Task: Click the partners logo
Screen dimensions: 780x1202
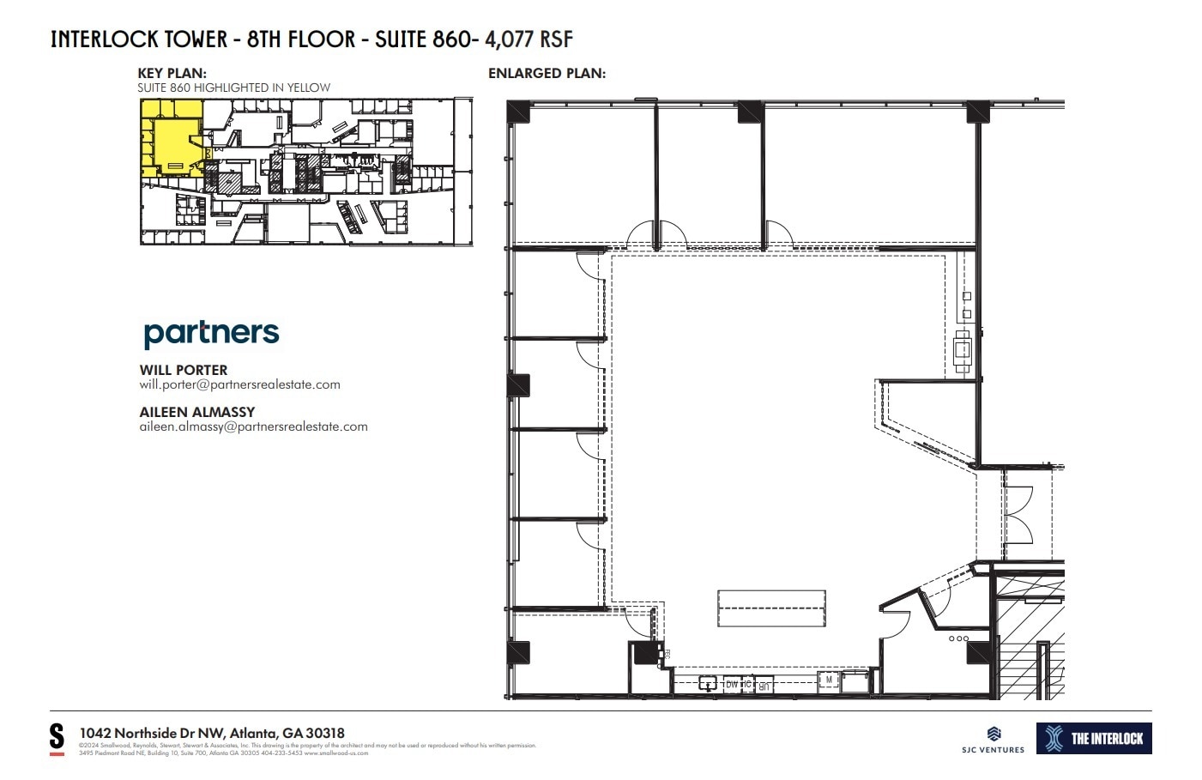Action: point(211,333)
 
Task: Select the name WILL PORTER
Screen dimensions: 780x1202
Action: point(184,370)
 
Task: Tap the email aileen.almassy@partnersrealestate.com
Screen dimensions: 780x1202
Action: point(253,426)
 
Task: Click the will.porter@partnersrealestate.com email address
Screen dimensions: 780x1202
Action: point(239,384)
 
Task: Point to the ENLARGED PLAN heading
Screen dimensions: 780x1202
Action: point(547,74)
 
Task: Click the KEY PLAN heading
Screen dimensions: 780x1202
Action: point(172,74)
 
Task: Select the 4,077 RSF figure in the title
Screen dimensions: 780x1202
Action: point(529,39)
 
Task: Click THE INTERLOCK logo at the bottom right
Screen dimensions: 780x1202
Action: point(1094,739)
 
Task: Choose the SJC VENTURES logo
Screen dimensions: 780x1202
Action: point(993,740)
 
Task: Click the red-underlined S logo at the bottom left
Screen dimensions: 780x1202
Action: point(57,738)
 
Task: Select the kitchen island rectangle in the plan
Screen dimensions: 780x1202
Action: point(771,609)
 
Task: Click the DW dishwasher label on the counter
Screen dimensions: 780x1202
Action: point(732,684)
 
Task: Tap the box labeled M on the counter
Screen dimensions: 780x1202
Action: point(829,680)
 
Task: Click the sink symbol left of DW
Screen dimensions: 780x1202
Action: point(708,683)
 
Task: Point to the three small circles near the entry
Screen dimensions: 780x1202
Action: point(958,638)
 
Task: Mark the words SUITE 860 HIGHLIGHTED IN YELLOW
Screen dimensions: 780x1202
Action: point(233,88)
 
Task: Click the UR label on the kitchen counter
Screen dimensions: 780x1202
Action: point(764,684)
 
